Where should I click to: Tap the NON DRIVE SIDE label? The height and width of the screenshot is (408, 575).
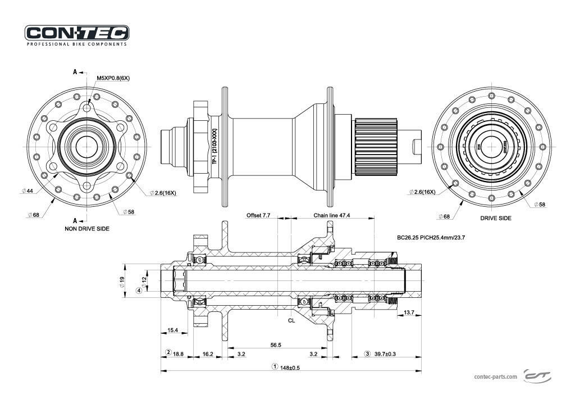point(86,229)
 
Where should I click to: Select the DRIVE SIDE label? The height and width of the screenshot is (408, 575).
point(495,218)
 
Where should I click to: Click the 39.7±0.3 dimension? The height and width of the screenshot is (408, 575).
point(384,354)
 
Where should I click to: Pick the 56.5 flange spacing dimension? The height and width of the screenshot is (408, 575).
point(275,345)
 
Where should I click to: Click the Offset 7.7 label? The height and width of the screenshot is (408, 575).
point(258,215)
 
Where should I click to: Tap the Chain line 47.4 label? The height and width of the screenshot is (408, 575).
point(331,215)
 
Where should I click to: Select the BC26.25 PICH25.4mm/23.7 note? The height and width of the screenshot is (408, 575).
point(431,238)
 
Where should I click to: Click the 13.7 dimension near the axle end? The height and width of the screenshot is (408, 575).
point(409,312)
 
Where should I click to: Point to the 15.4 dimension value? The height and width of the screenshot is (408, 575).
point(172,330)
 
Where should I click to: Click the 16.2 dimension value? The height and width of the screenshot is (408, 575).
point(207,354)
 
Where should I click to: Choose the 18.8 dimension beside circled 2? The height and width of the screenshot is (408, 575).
point(178,354)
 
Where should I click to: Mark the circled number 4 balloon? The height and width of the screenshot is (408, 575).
point(139,291)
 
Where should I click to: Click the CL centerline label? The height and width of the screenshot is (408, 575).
point(291,320)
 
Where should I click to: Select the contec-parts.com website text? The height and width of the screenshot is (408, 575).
point(495,377)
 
